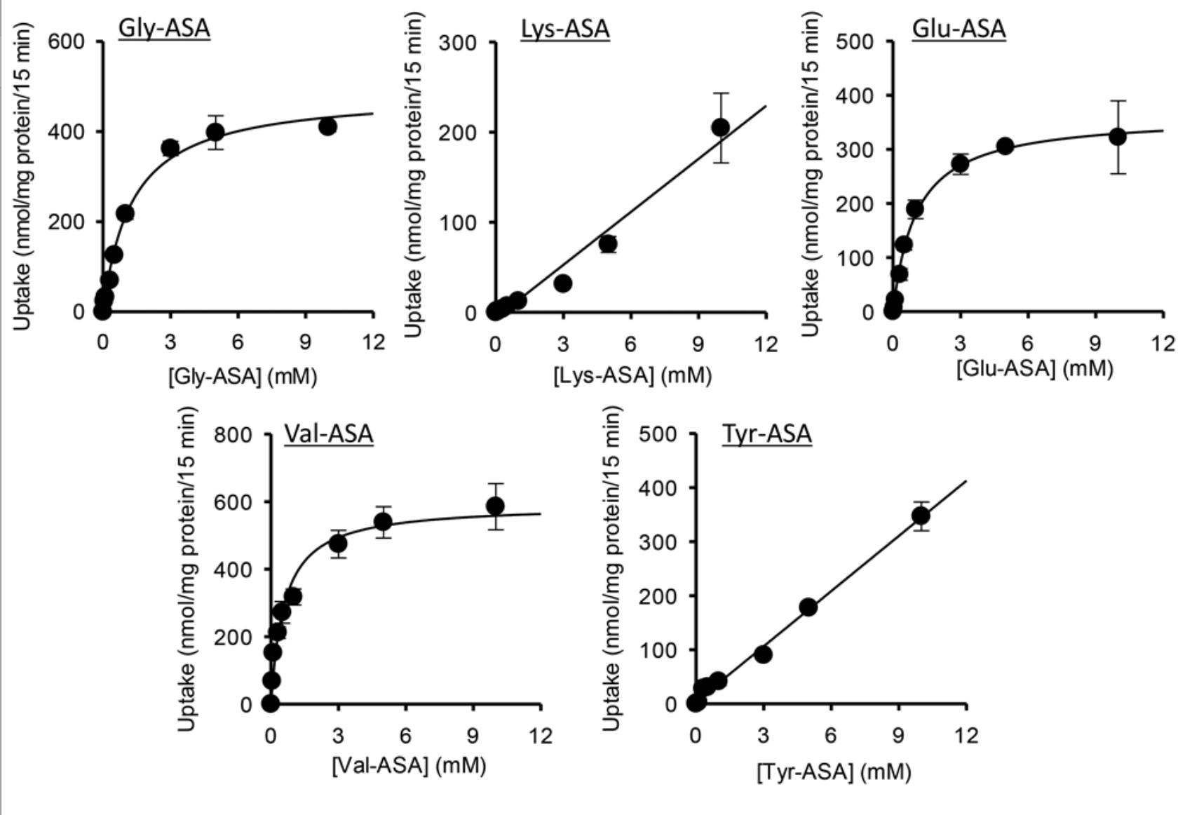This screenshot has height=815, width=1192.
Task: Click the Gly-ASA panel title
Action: point(164,29)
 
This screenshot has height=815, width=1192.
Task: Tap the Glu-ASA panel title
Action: point(959,29)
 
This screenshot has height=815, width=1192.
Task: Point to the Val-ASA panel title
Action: point(328,433)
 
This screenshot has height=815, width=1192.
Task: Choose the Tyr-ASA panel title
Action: point(767,433)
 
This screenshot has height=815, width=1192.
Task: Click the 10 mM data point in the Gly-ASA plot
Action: point(327,126)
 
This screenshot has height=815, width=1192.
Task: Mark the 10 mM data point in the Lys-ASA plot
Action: point(720,127)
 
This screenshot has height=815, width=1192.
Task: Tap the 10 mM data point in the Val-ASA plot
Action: point(495,506)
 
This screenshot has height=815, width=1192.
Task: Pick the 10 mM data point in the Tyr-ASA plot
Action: point(921,516)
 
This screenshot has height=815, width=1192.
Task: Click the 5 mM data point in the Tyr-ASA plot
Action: point(808,607)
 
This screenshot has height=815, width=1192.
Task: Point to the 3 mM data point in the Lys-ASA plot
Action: point(562,283)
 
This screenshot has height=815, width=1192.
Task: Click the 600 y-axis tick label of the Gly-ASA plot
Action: point(66,42)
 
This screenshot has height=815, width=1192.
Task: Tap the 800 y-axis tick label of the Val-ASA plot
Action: point(233,435)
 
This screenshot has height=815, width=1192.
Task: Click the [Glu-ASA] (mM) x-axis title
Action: point(1034,368)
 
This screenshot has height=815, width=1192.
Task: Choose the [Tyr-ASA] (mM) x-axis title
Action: point(834,772)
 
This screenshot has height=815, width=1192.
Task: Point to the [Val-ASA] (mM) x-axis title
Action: point(409,765)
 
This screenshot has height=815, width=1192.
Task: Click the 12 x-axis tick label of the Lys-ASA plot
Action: point(766,344)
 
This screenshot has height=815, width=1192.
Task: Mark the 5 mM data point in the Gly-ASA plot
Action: point(215,132)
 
